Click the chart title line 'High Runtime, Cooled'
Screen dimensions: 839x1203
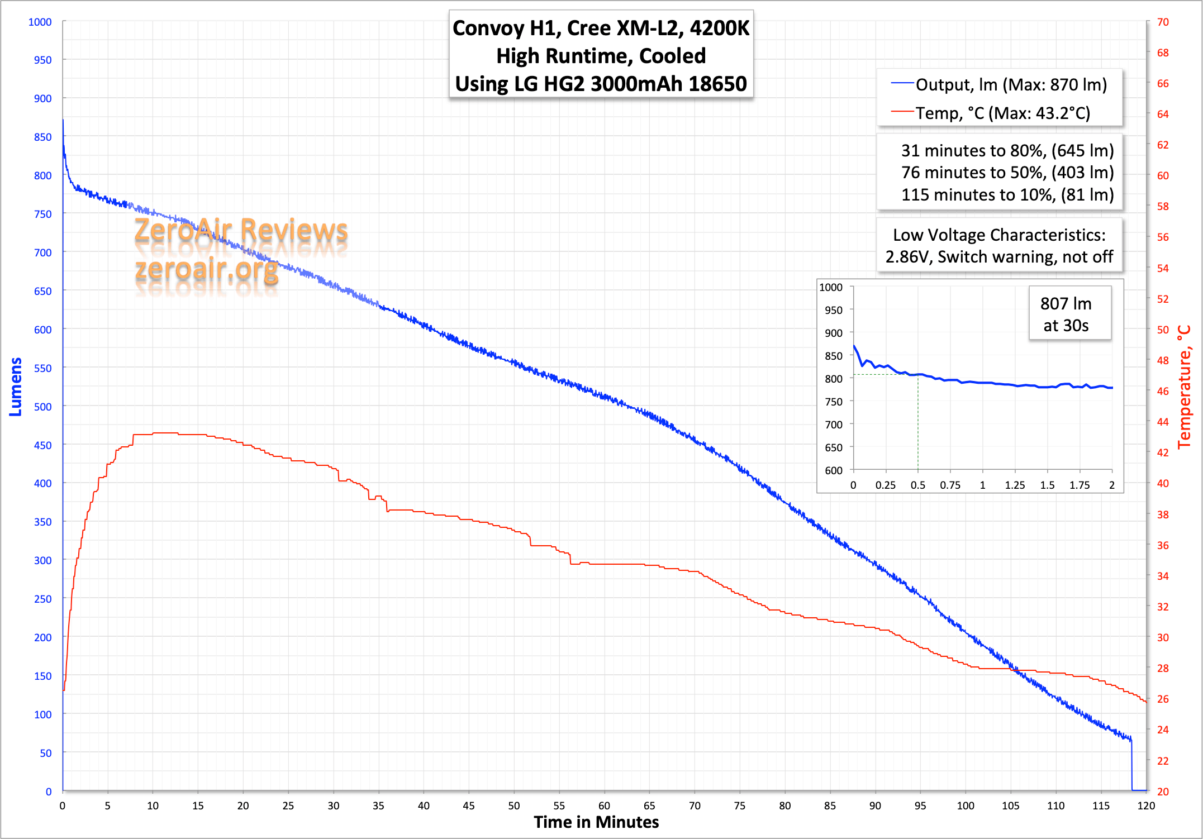tap(601, 56)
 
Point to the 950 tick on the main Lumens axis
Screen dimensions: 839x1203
tap(42, 60)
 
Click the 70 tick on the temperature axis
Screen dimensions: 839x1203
tap(1163, 22)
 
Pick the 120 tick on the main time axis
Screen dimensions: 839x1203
tap(1146, 805)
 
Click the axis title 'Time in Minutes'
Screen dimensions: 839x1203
tap(596, 822)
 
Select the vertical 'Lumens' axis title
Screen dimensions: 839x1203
tap(16, 387)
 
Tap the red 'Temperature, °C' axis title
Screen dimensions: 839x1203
tap(1184, 387)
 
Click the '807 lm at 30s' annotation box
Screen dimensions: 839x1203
tap(1066, 314)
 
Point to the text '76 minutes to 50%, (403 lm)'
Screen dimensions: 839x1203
tap(1007, 173)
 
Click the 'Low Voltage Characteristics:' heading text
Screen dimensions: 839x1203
tap(999, 235)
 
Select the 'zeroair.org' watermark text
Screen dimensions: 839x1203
tap(207, 269)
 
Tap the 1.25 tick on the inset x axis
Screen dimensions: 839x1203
tap(1015, 485)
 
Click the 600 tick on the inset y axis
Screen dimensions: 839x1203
tap(834, 470)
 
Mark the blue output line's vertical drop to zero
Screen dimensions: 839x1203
tap(1131, 765)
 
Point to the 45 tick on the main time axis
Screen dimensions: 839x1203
tap(469, 805)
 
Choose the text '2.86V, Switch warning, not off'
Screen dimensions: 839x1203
tap(999, 257)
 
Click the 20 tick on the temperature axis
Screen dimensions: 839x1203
tap(1163, 792)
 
